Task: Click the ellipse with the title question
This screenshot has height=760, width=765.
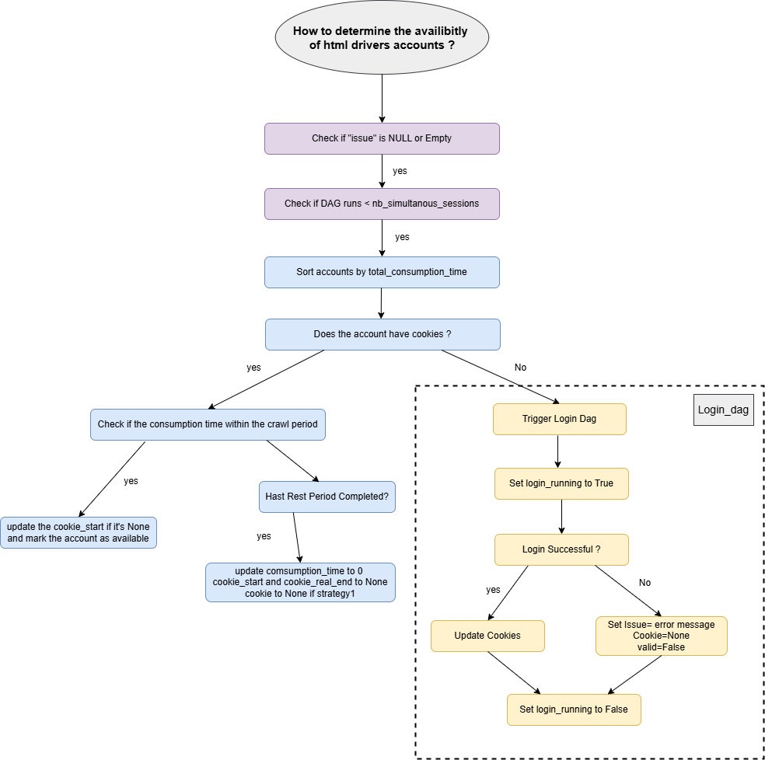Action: [381, 38]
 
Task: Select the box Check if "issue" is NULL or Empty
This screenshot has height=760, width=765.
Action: [382, 138]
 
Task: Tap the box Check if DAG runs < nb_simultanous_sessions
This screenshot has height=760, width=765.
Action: [382, 204]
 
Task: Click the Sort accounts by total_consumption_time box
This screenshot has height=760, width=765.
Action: [382, 272]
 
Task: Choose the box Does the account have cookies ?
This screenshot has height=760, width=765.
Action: [382, 334]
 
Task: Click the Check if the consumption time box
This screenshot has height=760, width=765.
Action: [208, 425]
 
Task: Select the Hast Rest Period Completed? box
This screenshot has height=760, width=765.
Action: [327, 497]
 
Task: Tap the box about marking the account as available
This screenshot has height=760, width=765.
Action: [79, 532]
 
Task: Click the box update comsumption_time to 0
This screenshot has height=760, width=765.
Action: [300, 582]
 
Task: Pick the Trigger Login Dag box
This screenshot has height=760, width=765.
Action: [560, 419]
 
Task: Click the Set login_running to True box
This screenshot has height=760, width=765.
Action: [561, 483]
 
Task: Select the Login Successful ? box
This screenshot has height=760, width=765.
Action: [561, 549]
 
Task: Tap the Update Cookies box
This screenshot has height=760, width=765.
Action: [487, 636]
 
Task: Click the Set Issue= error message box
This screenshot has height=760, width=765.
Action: [661, 636]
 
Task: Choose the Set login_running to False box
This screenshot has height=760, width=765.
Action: [574, 709]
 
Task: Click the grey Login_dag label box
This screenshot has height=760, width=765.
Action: [723, 410]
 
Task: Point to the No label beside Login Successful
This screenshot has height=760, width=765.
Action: [644, 583]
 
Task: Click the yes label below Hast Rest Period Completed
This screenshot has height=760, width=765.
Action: [264, 536]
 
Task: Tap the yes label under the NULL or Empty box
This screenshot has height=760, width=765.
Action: [400, 171]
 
